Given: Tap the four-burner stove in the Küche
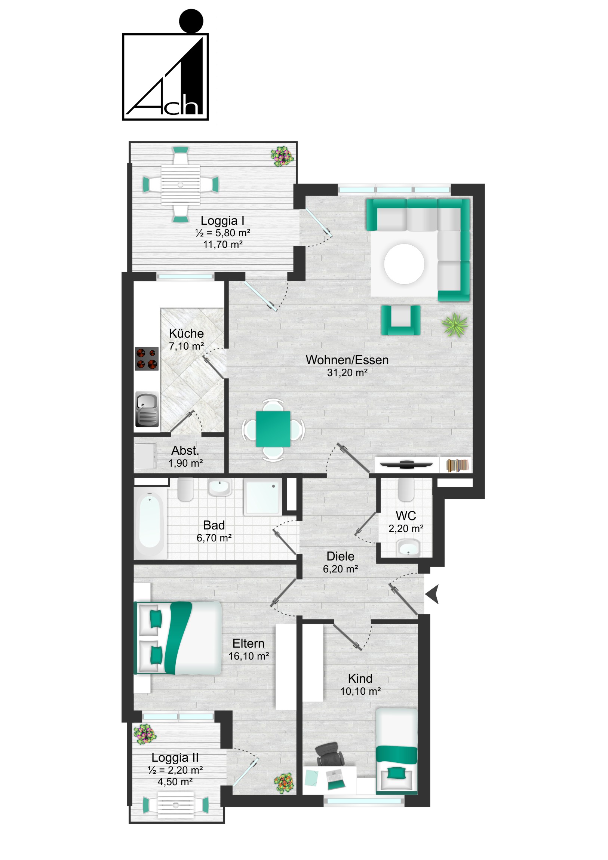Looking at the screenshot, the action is (x=147, y=359).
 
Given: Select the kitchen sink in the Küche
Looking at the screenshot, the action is (x=147, y=409).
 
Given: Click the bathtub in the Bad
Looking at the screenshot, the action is (x=150, y=521).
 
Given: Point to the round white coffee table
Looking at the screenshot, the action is (x=404, y=264).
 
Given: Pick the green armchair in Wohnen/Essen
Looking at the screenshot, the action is (x=400, y=319).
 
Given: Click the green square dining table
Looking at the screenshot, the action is (x=273, y=429).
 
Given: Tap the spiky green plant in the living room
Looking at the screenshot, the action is (x=455, y=325).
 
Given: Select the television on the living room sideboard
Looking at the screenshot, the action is (x=406, y=464).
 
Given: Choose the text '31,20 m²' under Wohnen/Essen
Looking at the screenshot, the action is (x=347, y=373).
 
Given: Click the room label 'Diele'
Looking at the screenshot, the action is (x=340, y=556).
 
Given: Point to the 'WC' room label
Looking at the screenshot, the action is (x=406, y=515).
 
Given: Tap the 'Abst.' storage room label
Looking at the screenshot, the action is (x=185, y=450).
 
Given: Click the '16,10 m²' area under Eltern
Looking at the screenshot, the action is (x=249, y=656).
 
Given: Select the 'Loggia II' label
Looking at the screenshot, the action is (x=175, y=757).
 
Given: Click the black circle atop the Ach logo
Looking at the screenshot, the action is (x=191, y=21).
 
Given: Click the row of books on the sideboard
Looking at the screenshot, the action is (x=457, y=465).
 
